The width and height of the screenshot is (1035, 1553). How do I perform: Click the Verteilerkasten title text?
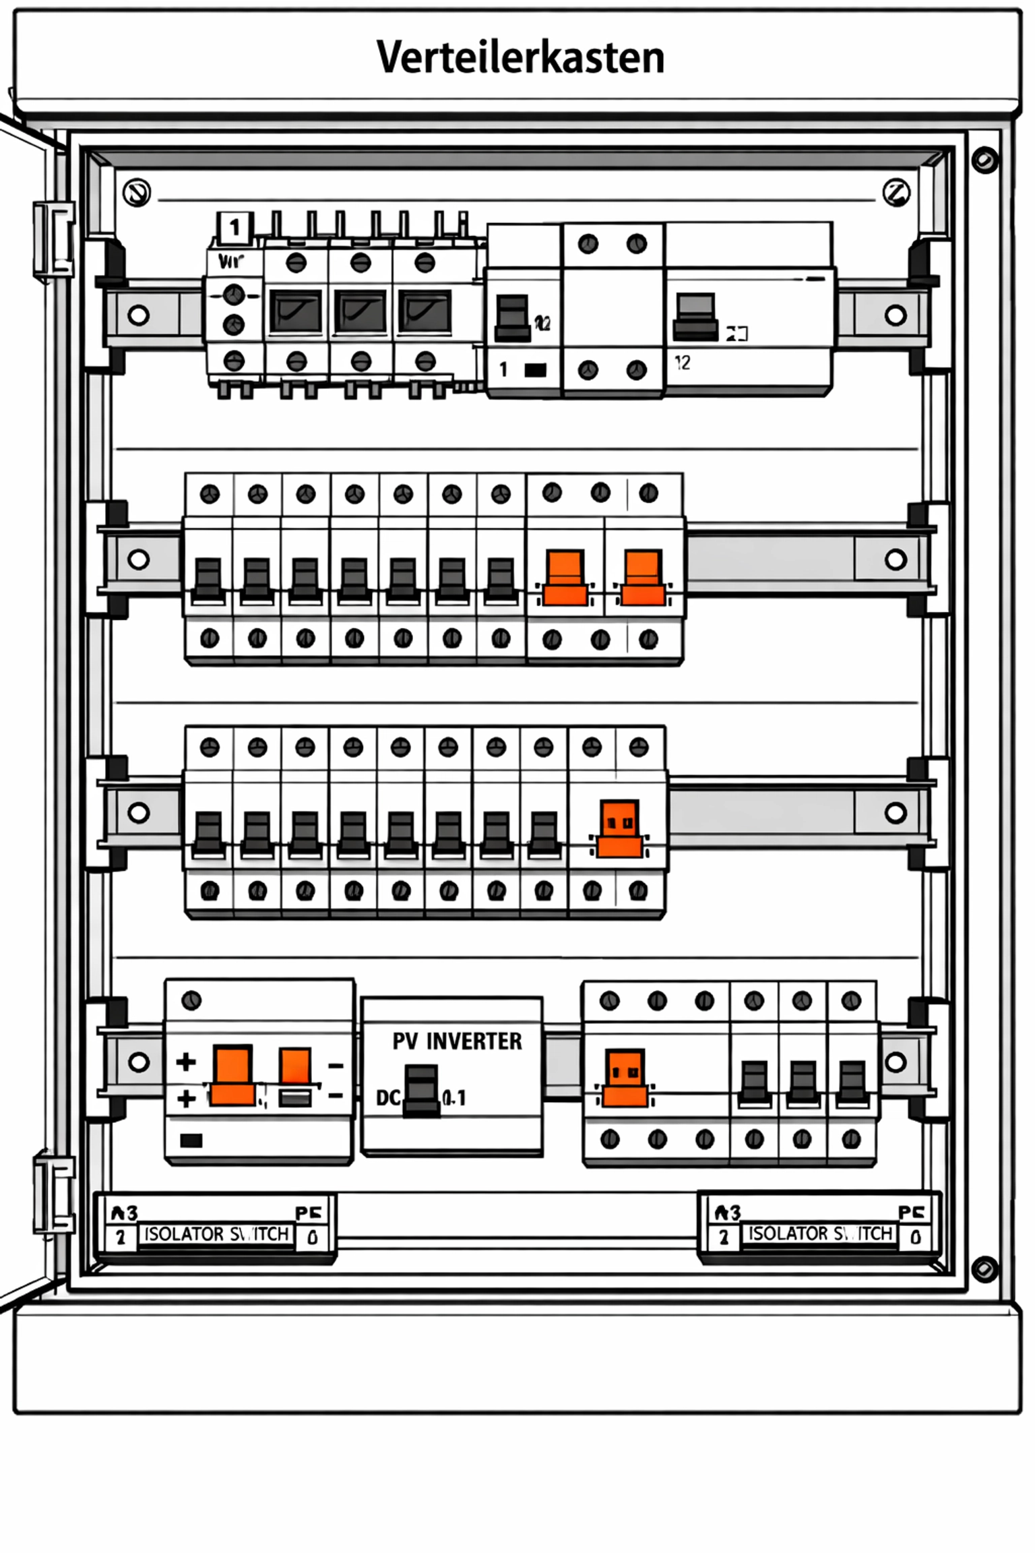(520, 58)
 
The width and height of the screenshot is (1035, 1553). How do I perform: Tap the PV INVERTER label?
(457, 1041)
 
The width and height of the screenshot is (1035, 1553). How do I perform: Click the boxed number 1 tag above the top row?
(234, 227)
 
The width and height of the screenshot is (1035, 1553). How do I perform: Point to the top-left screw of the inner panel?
(137, 193)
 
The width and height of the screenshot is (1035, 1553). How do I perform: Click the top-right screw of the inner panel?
(896, 193)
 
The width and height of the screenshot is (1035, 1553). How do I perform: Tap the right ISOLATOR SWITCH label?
(820, 1234)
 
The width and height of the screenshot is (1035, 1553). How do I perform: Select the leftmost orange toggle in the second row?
(565, 577)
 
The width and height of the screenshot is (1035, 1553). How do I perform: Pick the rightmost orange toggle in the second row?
(643, 577)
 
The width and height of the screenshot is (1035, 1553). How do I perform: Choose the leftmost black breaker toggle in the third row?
(208, 834)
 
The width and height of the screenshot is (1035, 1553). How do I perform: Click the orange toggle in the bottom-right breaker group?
(625, 1077)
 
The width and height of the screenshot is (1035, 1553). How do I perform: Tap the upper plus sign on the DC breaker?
(185, 1063)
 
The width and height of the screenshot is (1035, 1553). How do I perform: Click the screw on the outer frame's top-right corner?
(984, 160)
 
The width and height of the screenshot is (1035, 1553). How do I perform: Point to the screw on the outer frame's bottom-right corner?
(984, 1269)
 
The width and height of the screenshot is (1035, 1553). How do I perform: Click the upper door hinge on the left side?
(54, 240)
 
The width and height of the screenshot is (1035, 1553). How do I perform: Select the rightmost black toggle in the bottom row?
(852, 1083)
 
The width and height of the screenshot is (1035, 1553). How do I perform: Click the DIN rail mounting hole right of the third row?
(895, 813)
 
